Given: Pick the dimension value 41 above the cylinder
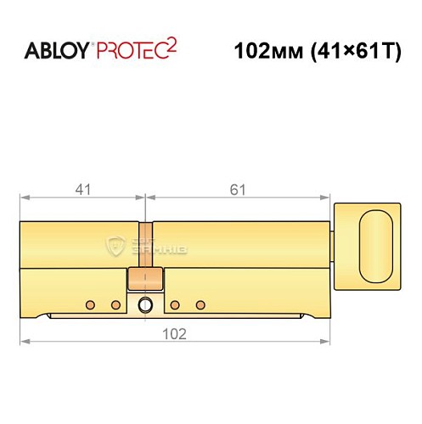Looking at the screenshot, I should pyautogui.click(x=82, y=190).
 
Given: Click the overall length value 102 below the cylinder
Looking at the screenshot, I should pyautogui.click(x=175, y=333).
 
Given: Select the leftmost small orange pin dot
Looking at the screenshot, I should pyautogui.click(x=89, y=304).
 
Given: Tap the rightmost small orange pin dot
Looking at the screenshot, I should pyautogui.click(x=201, y=304).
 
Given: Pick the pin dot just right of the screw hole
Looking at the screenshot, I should pyautogui.click(x=174, y=304).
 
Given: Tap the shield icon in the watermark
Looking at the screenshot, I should pyautogui.click(x=116, y=247).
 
